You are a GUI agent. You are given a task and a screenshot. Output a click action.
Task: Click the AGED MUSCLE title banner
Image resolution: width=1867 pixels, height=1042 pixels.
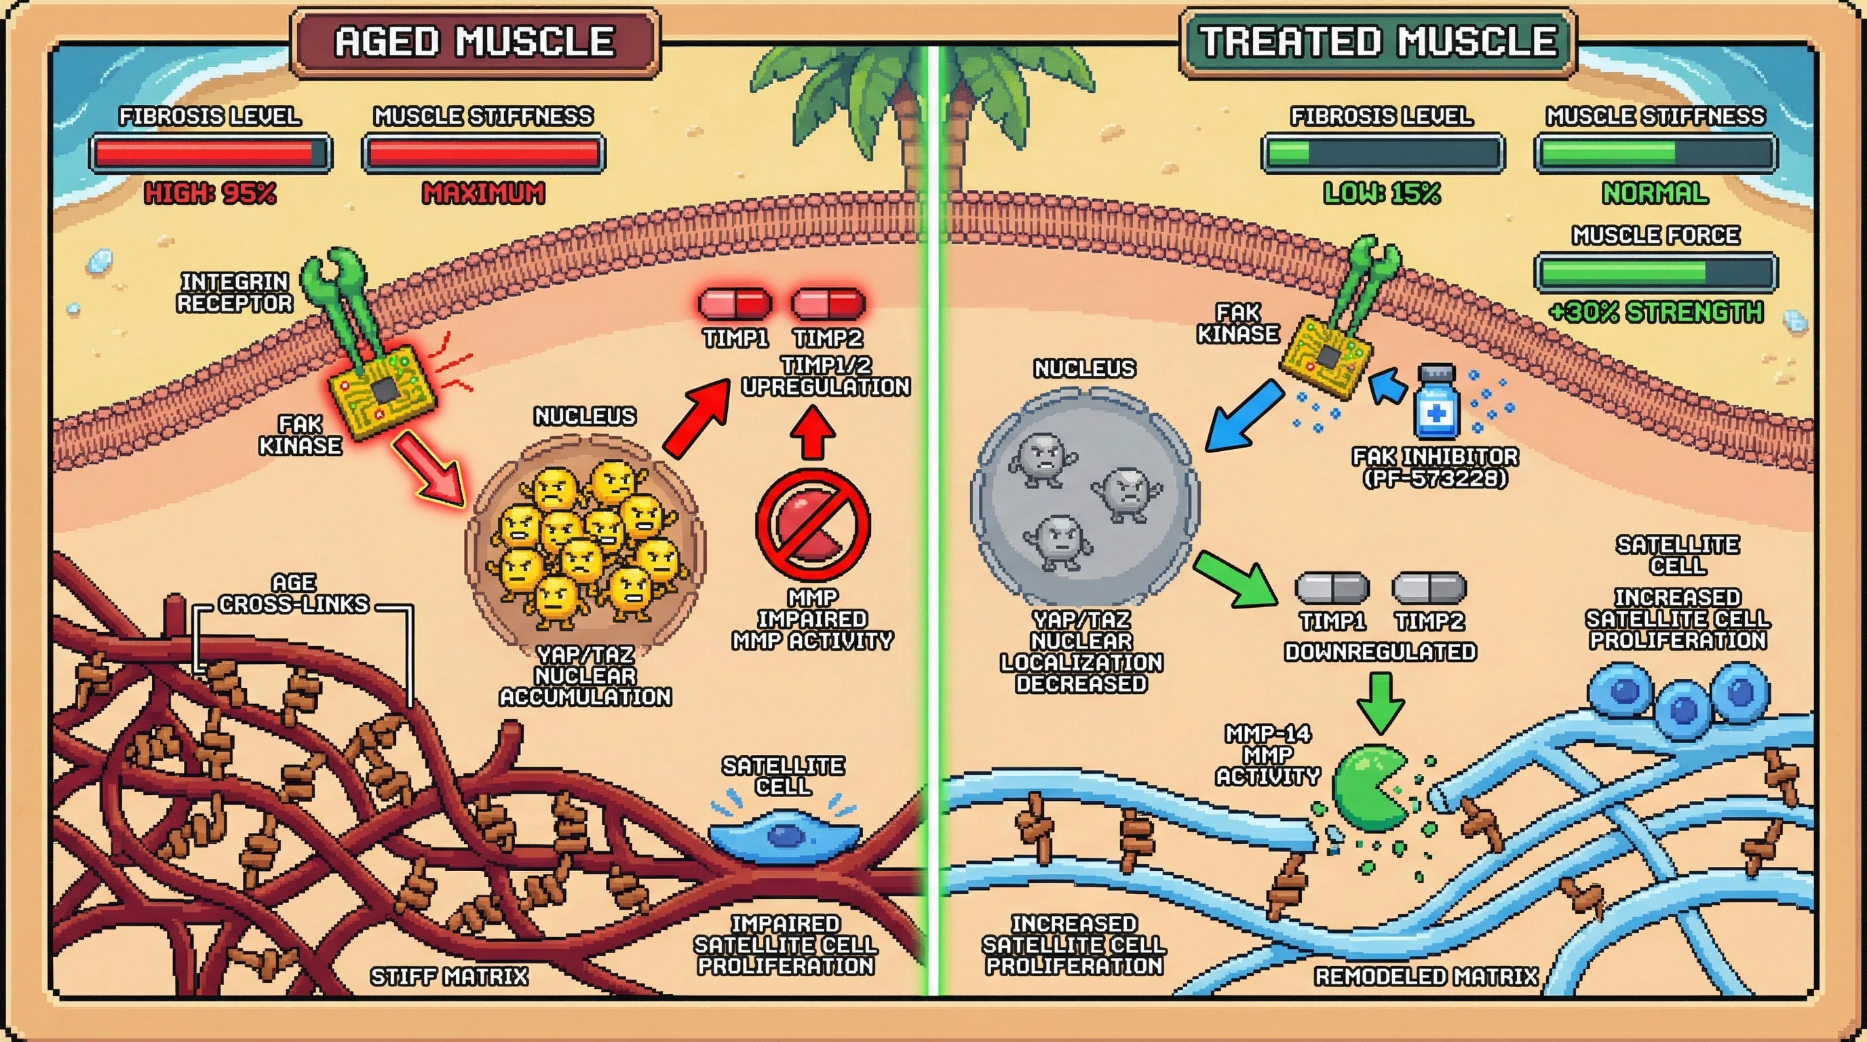pyautogui.click(x=475, y=42)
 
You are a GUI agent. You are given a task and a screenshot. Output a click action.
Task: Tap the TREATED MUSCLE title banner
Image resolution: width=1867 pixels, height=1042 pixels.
pyautogui.click(x=1377, y=42)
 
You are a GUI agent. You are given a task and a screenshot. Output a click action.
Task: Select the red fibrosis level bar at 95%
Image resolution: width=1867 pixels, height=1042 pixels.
pyautogui.click(x=210, y=153)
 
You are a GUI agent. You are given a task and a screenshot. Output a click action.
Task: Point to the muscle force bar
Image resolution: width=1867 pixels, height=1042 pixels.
pyautogui.click(x=1655, y=273)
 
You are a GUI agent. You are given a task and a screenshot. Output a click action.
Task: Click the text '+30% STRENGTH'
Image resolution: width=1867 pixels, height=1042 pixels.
pyautogui.click(x=1655, y=312)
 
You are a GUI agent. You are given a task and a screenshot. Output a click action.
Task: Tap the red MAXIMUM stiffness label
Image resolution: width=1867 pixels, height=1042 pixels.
pyautogui.click(x=484, y=193)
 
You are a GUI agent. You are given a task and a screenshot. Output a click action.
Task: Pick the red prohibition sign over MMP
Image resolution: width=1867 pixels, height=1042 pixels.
pyautogui.click(x=813, y=524)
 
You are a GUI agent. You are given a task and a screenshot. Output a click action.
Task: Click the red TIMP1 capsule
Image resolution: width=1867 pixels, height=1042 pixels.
pyautogui.click(x=734, y=305)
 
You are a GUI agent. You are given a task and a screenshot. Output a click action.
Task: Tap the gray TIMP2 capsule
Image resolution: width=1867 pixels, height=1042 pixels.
pyautogui.click(x=1429, y=588)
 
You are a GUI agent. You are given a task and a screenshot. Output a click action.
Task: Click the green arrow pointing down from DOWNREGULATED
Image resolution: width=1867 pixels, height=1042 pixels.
pyautogui.click(x=1380, y=701)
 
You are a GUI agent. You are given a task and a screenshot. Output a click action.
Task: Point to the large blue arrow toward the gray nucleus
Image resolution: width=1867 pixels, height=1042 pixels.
pyautogui.click(x=1243, y=417)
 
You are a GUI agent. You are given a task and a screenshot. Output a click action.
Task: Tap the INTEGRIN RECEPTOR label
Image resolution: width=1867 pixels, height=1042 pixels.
pyautogui.click(x=234, y=292)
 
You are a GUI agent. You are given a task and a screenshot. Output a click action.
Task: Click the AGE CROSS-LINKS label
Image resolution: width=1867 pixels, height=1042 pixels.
pyautogui.click(x=294, y=594)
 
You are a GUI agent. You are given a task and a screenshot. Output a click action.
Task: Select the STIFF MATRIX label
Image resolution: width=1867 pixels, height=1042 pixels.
pyautogui.click(x=448, y=976)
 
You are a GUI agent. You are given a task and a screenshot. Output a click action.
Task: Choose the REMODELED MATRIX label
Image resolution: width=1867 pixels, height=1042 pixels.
pyautogui.click(x=1425, y=976)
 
